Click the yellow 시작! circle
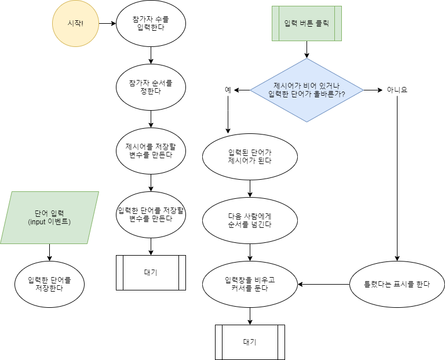click(75, 24)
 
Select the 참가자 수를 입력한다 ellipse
click(151, 23)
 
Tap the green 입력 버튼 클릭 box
click(307, 24)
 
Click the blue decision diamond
click(307, 90)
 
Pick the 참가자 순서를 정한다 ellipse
click(151, 87)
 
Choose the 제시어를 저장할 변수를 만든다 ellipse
click(151, 150)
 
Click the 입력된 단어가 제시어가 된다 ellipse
click(250, 157)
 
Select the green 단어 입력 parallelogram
click(49, 217)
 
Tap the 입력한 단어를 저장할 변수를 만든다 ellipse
click(151, 214)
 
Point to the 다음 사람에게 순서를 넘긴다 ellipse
click(250, 220)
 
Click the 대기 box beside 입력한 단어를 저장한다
click(151, 272)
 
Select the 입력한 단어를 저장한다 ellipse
click(49, 284)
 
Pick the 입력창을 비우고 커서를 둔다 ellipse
click(250, 284)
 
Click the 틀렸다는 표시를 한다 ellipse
click(397, 284)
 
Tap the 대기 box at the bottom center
click(250, 342)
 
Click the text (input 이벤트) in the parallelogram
click(49, 222)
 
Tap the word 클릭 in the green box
click(324, 24)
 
